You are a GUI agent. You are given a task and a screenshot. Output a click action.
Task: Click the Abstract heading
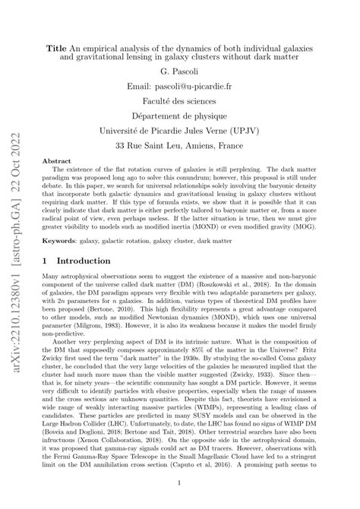tap(55, 162)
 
